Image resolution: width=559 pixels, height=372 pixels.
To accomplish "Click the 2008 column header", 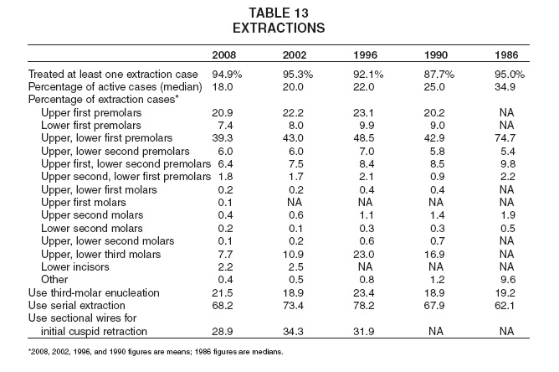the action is click(x=224, y=55).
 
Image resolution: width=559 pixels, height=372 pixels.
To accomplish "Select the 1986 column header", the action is click(x=506, y=55).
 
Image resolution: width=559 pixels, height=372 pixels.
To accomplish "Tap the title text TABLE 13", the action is click(x=279, y=13).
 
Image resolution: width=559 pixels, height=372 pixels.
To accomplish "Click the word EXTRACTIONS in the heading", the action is click(x=279, y=28).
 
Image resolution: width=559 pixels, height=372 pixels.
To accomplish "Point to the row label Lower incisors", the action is click(x=75, y=266).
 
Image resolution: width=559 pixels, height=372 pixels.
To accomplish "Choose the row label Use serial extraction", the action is click(x=77, y=306).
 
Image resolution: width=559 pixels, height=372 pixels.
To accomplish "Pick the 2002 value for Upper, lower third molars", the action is click(x=293, y=254).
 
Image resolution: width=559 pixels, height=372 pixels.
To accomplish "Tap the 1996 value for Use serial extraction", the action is click(x=364, y=306).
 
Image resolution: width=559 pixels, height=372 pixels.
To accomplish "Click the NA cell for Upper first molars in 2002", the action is click(x=295, y=203).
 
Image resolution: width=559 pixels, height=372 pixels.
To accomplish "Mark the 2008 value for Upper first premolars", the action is click(x=223, y=113).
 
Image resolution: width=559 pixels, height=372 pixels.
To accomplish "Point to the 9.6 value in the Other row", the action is click(x=508, y=280).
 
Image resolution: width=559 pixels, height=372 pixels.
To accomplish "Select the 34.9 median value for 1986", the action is click(x=505, y=87).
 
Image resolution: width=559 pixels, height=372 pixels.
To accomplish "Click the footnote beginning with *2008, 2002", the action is click(x=156, y=352).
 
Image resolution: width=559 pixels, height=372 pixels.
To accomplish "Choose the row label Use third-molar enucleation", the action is click(x=94, y=292).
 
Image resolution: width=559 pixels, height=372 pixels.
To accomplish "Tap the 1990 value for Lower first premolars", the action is click(x=437, y=126).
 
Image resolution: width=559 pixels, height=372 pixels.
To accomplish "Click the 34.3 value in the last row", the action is click(x=293, y=331).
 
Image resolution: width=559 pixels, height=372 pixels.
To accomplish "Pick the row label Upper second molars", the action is click(x=92, y=215).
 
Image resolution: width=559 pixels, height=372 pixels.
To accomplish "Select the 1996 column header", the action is click(x=365, y=55).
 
